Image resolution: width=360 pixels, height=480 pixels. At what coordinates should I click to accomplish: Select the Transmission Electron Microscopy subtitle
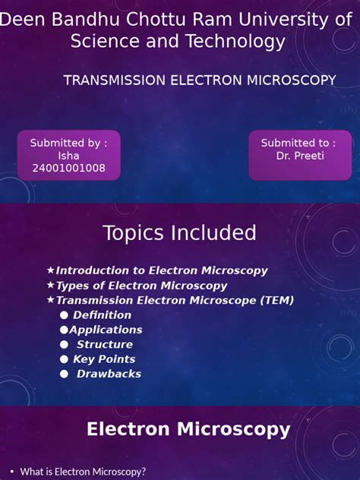click(200, 81)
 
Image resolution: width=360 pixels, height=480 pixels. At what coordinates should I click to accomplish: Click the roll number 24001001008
click(68, 169)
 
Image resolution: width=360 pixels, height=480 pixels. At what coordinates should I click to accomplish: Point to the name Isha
click(68, 156)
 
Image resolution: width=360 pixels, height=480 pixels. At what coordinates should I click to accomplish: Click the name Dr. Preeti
click(298, 156)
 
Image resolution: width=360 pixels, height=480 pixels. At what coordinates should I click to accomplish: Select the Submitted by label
click(68, 143)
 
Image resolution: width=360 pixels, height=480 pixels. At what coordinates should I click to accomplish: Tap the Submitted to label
click(298, 143)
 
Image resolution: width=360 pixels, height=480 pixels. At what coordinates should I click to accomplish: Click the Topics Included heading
click(179, 232)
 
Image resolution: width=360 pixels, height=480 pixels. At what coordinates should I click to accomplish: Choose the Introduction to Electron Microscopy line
click(162, 270)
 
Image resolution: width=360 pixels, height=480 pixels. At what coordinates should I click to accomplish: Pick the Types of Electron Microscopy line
click(141, 286)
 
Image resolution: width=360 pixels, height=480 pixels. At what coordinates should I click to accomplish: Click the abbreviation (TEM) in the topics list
click(276, 300)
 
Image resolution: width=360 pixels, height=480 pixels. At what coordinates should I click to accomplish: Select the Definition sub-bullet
click(102, 314)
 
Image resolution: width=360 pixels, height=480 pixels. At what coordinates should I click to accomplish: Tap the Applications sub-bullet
click(106, 330)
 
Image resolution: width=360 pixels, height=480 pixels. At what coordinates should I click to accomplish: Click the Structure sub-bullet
click(104, 344)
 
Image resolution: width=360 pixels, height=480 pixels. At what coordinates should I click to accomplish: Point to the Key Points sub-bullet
click(104, 359)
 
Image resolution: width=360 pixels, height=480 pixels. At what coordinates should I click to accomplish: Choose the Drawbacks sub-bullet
click(109, 374)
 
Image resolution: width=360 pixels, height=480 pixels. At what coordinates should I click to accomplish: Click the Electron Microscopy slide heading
click(188, 429)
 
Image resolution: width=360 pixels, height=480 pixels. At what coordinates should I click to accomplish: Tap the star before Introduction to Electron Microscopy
click(50, 270)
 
